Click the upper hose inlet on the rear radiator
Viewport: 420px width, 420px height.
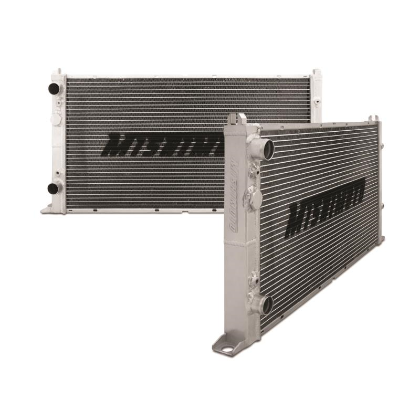pyautogui.click(x=54, y=89)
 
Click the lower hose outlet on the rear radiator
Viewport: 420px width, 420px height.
pyautogui.click(x=54, y=188)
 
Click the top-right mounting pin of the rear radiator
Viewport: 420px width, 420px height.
pyautogui.click(x=317, y=73)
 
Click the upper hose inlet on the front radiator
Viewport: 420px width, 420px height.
pyautogui.click(x=266, y=149)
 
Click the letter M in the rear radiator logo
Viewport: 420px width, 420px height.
pyautogui.click(x=118, y=145)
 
